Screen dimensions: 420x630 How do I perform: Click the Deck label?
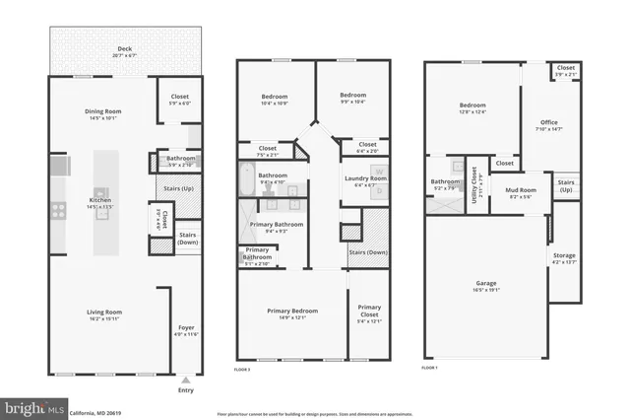coord(124,49)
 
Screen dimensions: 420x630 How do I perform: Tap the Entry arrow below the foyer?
coord(186,378)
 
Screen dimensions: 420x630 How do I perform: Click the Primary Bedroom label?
coord(292,314)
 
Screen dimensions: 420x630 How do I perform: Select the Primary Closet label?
coord(369,312)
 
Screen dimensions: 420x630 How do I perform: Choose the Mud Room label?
coord(520,192)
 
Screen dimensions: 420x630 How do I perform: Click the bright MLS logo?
coord(33,406)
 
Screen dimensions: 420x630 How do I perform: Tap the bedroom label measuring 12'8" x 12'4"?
coord(472,108)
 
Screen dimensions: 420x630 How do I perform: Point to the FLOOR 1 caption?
coord(429,367)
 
